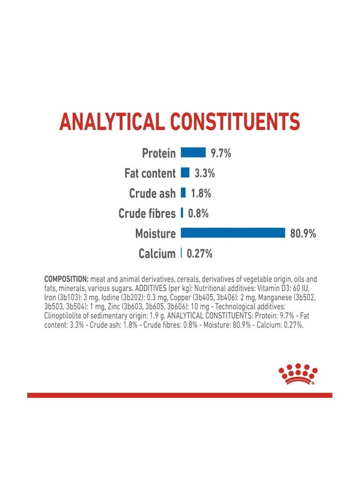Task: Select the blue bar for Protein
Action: pyautogui.click(x=193, y=153)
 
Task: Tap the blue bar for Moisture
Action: pyautogui.click(x=233, y=233)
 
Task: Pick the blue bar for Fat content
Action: pyautogui.click(x=185, y=173)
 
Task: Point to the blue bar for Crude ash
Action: pyautogui.click(x=183, y=193)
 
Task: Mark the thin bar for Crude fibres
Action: pyautogui.click(x=182, y=213)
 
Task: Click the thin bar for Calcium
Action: pyautogui.click(x=181, y=253)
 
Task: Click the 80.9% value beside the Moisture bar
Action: pyautogui.click(x=303, y=234)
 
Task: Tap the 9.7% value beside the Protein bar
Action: pyautogui.click(x=221, y=153)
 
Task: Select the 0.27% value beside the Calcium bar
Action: pyautogui.click(x=199, y=254)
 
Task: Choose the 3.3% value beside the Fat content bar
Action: pyautogui.click(x=205, y=173)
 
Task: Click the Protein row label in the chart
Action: pyautogui.click(x=158, y=153)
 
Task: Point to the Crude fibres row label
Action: pyautogui.click(x=147, y=213)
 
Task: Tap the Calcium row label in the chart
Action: pyautogui.click(x=157, y=254)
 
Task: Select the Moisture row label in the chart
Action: pyautogui.click(x=155, y=234)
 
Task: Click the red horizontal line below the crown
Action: pyautogui.click(x=180, y=395)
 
